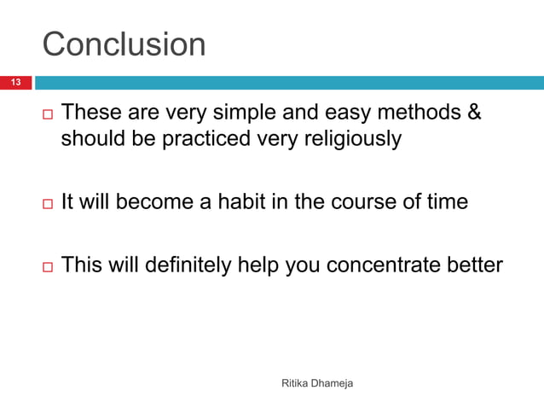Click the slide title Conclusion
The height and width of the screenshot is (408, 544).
(x=124, y=44)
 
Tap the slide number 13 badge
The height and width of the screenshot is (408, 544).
(x=15, y=83)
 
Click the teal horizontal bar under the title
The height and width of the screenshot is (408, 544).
(x=288, y=83)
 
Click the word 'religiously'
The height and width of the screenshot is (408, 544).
(x=350, y=139)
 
